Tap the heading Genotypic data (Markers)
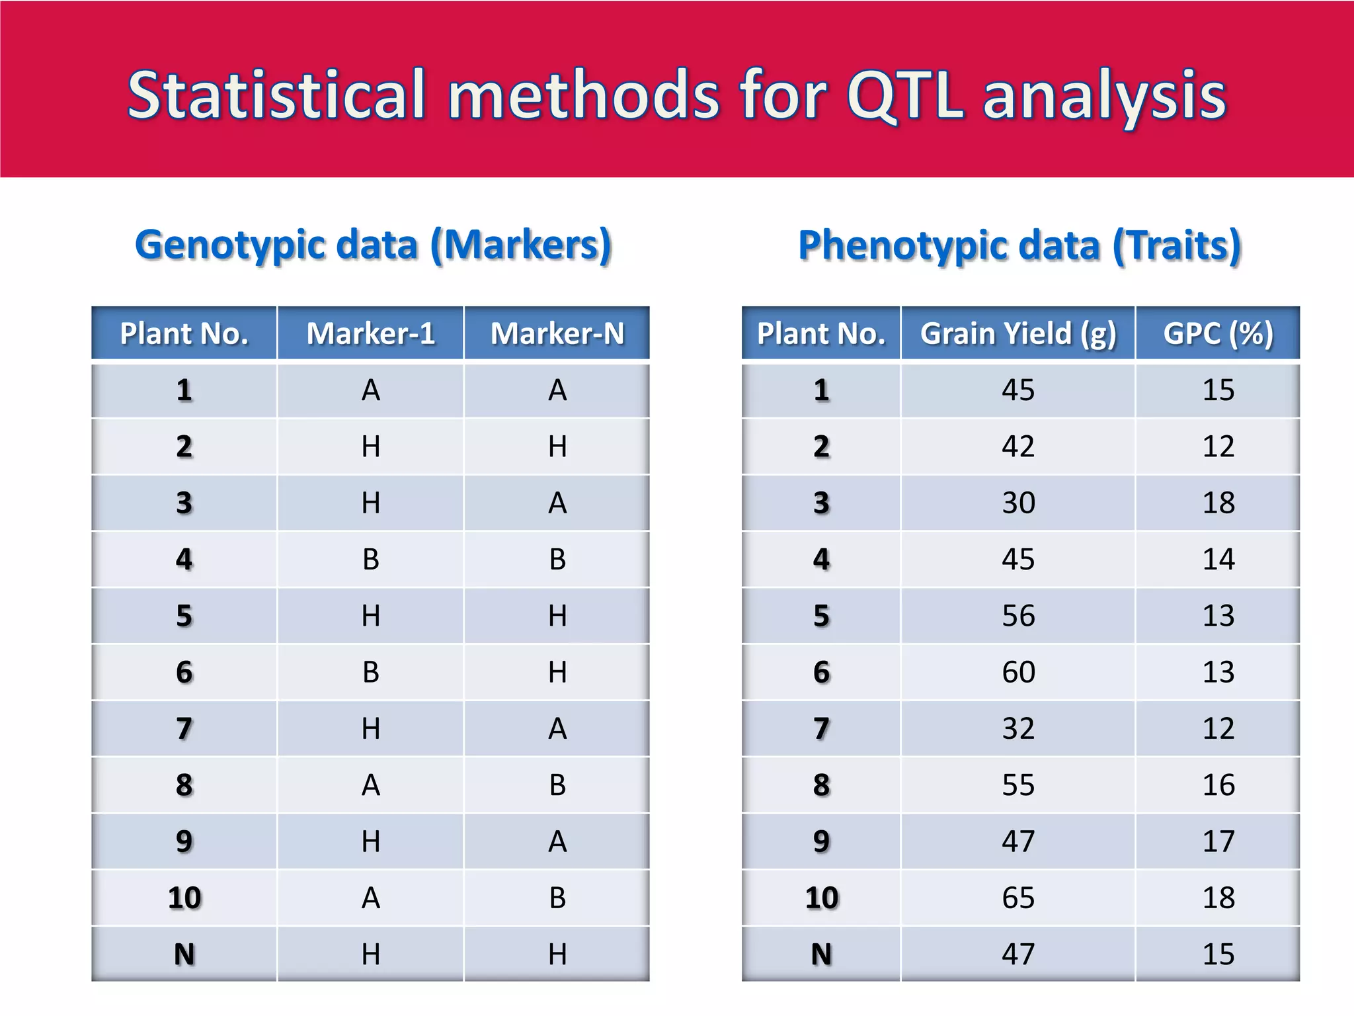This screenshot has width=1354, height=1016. [x=374, y=245]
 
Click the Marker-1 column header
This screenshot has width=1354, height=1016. [x=371, y=333]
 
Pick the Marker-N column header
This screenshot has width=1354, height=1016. [x=557, y=333]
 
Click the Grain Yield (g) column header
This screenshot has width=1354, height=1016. [x=1018, y=333]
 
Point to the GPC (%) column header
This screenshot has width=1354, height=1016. [x=1218, y=333]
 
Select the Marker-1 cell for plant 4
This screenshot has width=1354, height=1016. [x=371, y=560]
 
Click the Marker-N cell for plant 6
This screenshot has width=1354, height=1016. [x=557, y=673]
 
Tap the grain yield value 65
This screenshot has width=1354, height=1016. [x=1018, y=898]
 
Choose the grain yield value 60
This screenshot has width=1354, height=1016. [x=1018, y=673]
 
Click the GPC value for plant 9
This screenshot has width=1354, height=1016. [x=1218, y=842]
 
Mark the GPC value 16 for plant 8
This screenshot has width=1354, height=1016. [x=1218, y=785]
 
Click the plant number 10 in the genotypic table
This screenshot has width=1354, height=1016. [x=184, y=898]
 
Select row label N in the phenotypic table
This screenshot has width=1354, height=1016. [x=821, y=954]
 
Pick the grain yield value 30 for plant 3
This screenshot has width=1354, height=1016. [x=1018, y=503]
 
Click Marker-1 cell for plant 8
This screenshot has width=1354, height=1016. [x=371, y=785]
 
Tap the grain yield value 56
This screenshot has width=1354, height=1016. [x=1018, y=616]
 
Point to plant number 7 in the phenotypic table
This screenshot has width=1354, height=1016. [x=821, y=729]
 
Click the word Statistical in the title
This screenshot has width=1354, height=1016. [x=276, y=96]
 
